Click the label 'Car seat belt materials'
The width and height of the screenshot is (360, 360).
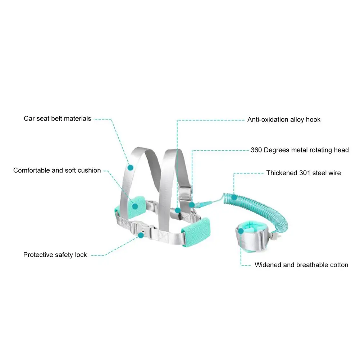(58, 119)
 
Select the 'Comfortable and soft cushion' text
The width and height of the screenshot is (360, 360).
(57, 170)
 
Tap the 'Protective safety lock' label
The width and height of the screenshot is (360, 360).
(55, 255)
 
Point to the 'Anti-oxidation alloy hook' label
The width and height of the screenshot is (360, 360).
(284, 120)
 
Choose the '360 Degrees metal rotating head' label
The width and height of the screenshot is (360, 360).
(300, 150)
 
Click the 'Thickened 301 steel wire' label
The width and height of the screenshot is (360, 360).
(304, 173)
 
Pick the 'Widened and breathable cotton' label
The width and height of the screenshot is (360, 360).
(301, 265)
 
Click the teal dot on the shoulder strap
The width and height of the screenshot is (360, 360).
(131, 168)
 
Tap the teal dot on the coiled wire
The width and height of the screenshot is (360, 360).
(234, 197)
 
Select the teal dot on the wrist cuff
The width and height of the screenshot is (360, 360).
(241, 231)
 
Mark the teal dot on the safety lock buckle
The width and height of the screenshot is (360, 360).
(141, 235)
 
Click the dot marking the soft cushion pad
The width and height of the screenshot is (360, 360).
(135, 206)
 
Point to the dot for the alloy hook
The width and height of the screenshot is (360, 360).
(177, 210)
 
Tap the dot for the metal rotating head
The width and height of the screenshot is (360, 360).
(192, 205)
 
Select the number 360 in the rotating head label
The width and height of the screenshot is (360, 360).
(256, 150)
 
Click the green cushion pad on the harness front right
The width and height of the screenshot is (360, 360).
(196, 232)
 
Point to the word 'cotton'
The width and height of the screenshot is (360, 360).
(339, 265)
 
